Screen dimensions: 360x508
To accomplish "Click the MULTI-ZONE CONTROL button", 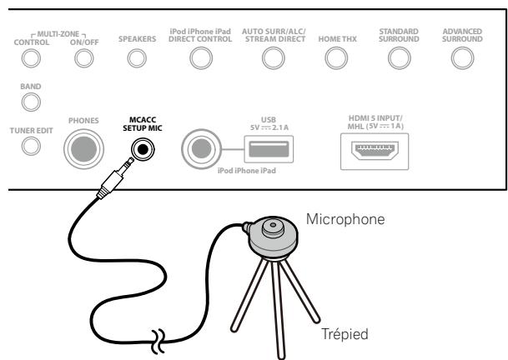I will coord(31,58).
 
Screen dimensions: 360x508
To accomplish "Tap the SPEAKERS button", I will coord(136,58).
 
